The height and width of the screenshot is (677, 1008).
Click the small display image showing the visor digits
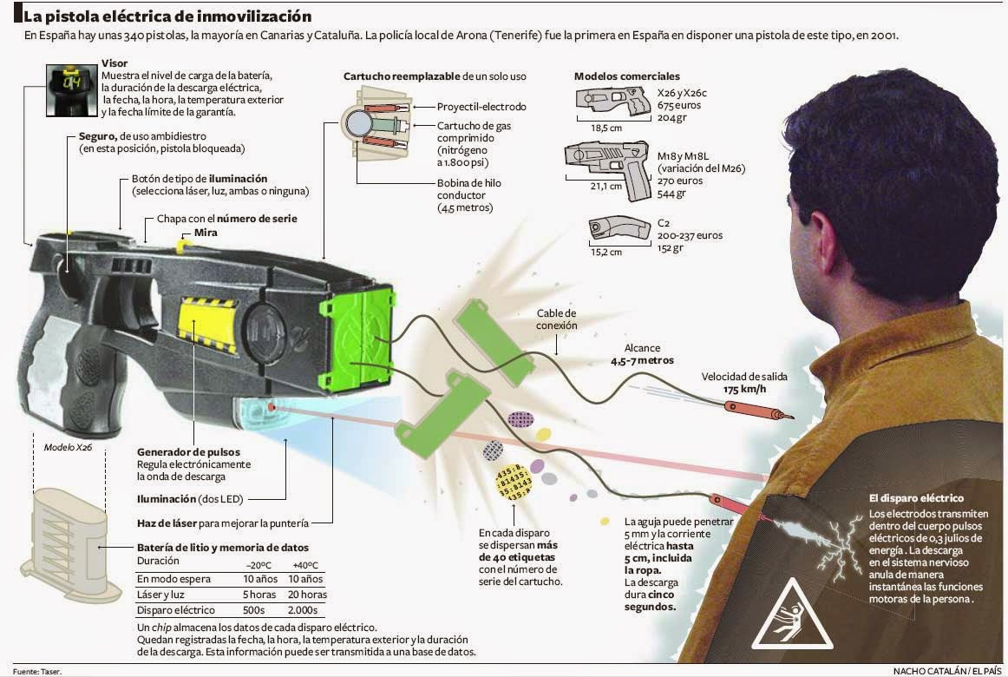(x=70, y=87)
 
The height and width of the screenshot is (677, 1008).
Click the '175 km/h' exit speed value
(x=745, y=390)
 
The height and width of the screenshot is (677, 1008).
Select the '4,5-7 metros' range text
(x=642, y=359)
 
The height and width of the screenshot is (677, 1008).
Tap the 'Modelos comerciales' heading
(x=627, y=76)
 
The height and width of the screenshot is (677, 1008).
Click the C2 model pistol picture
(x=619, y=228)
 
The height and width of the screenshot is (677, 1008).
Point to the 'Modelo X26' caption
(x=68, y=448)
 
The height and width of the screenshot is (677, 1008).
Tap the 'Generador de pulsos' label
(x=188, y=452)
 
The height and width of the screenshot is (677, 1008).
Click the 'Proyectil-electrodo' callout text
(x=481, y=107)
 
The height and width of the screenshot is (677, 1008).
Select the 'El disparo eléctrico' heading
(x=916, y=498)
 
